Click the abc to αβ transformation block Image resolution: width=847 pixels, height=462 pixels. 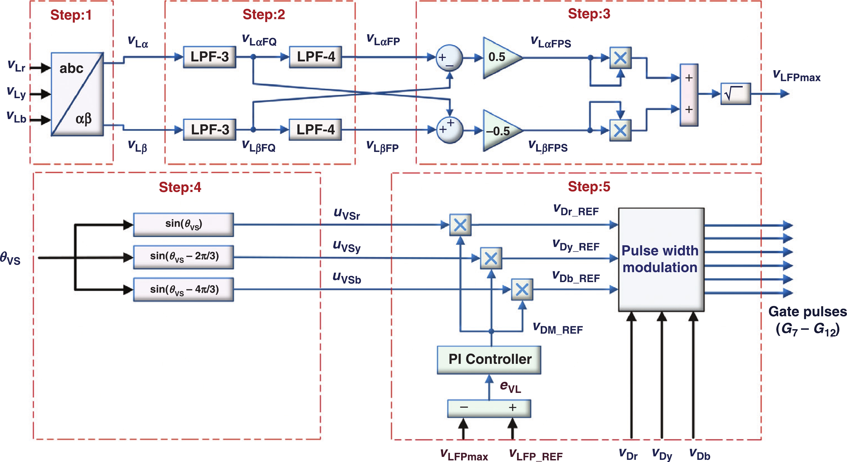coord(77,94)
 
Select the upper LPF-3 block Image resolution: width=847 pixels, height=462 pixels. coord(209,57)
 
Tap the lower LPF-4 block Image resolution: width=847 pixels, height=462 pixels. coord(315,130)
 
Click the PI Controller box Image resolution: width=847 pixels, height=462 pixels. coord(489,359)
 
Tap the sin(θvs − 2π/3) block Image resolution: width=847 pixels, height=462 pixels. coord(183,257)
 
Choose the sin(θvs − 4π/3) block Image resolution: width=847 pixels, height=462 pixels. coord(183,290)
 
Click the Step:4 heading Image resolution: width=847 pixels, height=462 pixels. coord(180,187)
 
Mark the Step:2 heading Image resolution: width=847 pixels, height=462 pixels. coord(264,15)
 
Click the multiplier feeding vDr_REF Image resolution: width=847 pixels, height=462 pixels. coord(460,225)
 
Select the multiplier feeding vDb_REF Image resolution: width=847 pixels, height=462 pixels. coord(522,290)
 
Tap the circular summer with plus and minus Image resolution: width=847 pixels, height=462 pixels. coord(449,58)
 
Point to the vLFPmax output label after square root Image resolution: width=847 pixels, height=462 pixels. coord(796,76)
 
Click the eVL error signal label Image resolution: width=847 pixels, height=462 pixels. coord(510,387)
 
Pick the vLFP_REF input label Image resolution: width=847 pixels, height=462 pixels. coord(536,455)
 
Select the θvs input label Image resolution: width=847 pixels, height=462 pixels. coord(10,258)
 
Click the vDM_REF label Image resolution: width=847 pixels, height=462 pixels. coord(558,329)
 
